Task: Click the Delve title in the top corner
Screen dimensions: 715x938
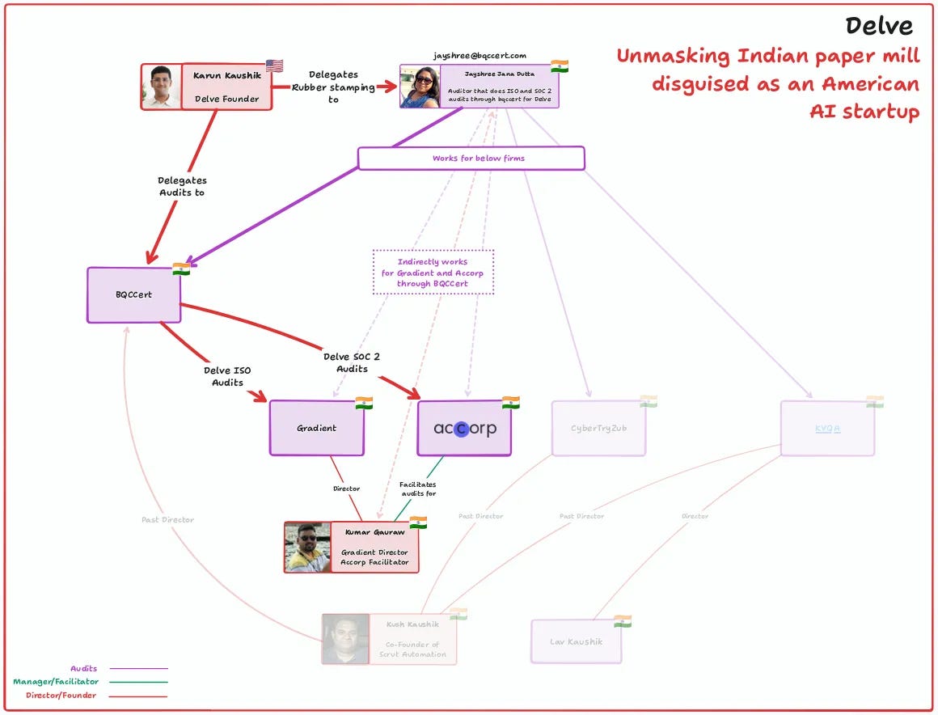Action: click(x=879, y=26)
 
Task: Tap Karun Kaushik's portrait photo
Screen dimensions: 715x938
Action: click(x=161, y=87)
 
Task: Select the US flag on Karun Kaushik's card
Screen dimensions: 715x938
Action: click(x=274, y=66)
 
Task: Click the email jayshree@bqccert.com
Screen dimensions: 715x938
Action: click(x=480, y=55)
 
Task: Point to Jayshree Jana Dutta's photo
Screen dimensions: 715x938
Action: click(x=420, y=87)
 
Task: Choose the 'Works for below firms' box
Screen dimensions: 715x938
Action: click(x=471, y=159)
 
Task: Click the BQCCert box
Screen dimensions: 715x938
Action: click(x=133, y=295)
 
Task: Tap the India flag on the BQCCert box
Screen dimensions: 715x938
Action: click(x=181, y=269)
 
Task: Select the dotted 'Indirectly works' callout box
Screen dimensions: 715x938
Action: click(x=433, y=273)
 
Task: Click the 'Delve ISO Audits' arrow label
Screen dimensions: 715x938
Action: click(x=227, y=376)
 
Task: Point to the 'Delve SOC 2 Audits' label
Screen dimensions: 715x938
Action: click(x=352, y=362)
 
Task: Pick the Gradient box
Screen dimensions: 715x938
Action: click(x=316, y=428)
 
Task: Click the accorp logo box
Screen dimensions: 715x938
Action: click(x=464, y=429)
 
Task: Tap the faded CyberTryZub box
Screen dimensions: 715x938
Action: click(x=599, y=428)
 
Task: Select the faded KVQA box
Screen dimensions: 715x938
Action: click(x=827, y=428)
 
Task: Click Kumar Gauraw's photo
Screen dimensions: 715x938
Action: click(x=307, y=547)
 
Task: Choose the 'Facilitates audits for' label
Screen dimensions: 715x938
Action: click(x=418, y=489)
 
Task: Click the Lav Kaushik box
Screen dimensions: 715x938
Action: click(x=576, y=641)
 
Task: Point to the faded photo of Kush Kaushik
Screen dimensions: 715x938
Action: click(x=345, y=639)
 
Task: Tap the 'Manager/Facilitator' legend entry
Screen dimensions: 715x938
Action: click(x=56, y=682)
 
